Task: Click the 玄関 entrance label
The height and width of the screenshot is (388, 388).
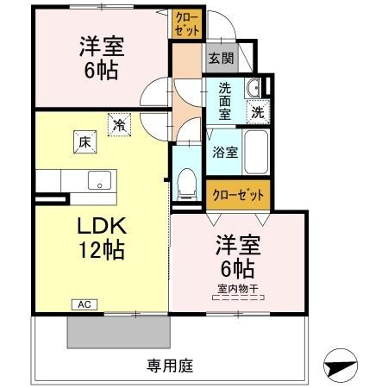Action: click(x=221, y=59)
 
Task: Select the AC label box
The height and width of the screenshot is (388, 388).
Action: click(x=84, y=304)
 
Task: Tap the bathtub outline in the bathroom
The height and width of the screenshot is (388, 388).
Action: click(x=256, y=153)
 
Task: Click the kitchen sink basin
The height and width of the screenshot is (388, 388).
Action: click(x=98, y=181)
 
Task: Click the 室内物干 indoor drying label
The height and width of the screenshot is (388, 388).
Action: click(x=239, y=289)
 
